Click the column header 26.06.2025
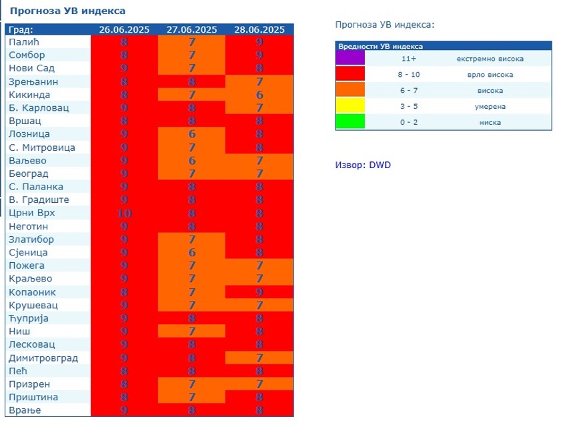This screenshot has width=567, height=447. (x=124, y=29)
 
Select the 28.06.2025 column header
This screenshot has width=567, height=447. (x=259, y=29)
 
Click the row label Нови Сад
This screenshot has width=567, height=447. (x=31, y=68)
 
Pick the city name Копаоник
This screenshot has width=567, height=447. (x=32, y=292)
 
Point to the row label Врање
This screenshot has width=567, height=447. (x=25, y=410)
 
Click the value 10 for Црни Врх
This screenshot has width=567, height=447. (x=124, y=213)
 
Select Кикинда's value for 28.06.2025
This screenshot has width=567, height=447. (x=259, y=95)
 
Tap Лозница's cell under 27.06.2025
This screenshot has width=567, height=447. (x=192, y=134)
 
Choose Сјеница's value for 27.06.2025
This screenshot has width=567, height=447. (x=192, y=253)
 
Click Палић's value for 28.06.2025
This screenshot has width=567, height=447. (x=259, y=42)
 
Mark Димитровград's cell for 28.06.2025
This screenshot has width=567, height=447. (x=259, y=358)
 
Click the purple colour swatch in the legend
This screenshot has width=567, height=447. (x=350, y=59)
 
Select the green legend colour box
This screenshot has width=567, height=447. (x=350, y=122)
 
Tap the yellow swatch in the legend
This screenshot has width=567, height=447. (x=350, y=106)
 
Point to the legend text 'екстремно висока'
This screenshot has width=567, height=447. (x=490, y=59)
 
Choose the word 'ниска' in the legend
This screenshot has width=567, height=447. (x=490, y=122)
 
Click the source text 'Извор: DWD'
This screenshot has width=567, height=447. (x=363, y=165)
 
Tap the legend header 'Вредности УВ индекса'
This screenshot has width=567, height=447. (x=380, y=47)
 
